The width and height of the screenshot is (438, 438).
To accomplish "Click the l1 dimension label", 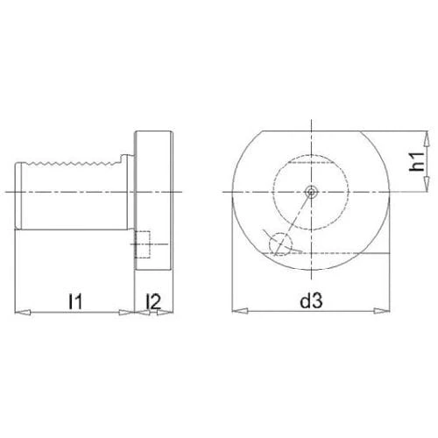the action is [75, 301].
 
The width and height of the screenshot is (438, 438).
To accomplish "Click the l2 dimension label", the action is [153, 301].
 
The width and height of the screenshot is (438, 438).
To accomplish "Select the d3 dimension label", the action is [311, 300].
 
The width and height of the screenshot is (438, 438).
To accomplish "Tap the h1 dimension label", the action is [417, 161].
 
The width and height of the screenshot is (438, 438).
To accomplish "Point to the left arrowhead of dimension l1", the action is [23, 312].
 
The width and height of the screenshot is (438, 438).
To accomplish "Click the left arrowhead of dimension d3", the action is [240, 311].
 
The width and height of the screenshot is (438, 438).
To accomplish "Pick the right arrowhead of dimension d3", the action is [382, 311].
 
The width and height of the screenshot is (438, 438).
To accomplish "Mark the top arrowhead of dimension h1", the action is [427, 138].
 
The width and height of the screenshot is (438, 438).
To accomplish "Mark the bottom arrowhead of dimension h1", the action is [427, 184].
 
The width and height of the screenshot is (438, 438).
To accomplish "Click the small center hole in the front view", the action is [311, 192].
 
